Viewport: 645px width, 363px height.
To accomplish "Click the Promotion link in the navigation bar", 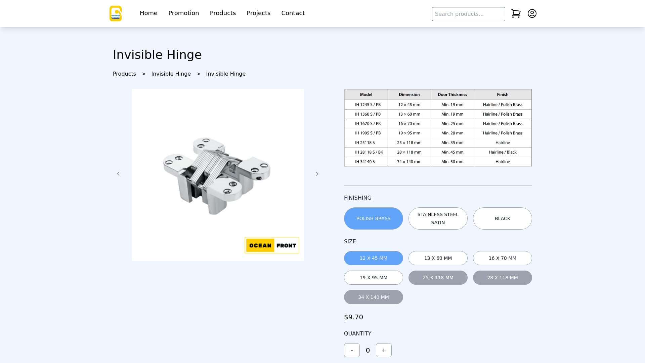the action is point(183,13).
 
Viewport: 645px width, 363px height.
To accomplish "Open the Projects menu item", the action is point(258,13).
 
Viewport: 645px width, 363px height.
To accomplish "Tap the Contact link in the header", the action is point(293,13).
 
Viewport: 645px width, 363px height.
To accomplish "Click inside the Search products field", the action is point(468,14).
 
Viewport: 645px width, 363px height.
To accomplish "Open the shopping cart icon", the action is point(516,13).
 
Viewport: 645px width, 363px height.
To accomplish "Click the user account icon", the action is point(532,13).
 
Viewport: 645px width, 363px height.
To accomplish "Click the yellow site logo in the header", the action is point(116,13).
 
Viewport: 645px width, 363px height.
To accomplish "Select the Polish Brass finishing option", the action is point(374,218).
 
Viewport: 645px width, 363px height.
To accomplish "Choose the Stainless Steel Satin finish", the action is point(438,218).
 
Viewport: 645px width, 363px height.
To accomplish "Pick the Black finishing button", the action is point(503,218).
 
